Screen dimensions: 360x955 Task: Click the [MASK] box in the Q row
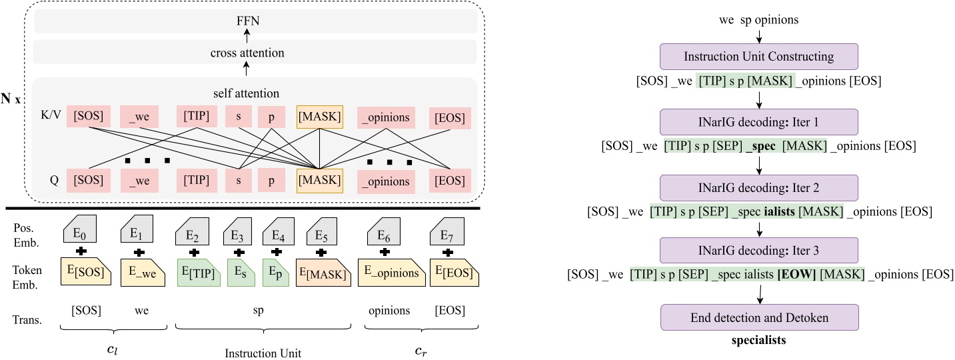click(x=319, y=181)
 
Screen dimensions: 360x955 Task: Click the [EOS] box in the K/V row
click(x=450, y=118)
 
